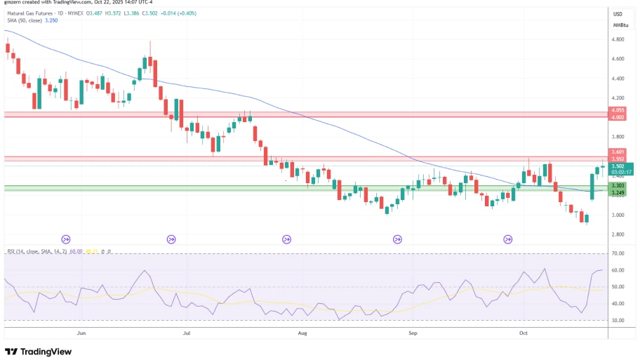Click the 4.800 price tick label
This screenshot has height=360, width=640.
pos(618,39)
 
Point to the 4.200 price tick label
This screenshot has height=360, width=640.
pos(618,98)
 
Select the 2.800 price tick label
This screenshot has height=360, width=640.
pos(618,234)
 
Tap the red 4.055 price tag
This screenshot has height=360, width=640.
pos(618,110)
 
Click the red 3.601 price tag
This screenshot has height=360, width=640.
pos(618,152)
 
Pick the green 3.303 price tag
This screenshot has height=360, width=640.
pos(618,185)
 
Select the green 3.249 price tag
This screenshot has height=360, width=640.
pos(618,192)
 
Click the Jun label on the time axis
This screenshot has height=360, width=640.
pos(81,333)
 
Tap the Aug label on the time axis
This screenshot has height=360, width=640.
pos(302,333)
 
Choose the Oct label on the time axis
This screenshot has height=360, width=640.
pos(523,333)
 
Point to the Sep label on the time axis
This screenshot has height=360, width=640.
pos(413,333)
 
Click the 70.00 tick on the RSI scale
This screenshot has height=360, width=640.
pos(618,253)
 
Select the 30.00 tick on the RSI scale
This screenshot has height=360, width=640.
pos(618,320)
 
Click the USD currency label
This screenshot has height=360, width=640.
pos(618,14)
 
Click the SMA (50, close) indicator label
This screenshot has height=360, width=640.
pos(27,20)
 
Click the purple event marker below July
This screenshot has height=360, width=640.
pos(171,239)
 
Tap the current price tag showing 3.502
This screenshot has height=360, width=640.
pos(618,166)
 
